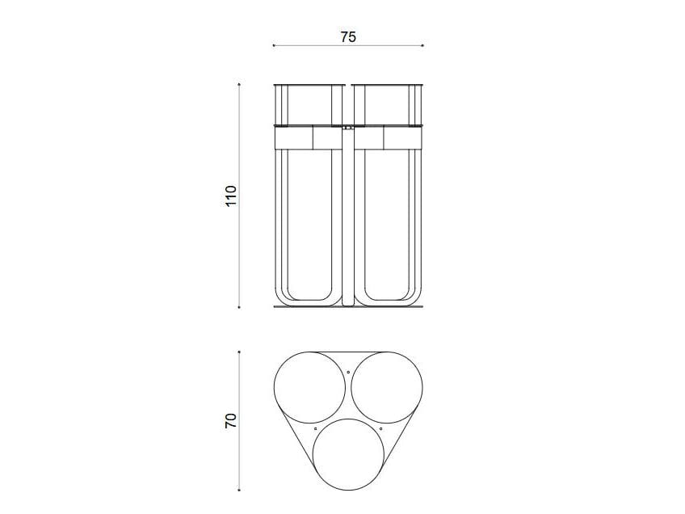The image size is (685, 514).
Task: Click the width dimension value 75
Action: (x=348, y=36)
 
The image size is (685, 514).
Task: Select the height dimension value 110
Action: (x=231, y=196)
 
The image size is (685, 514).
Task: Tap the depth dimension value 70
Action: (x=231, y=419)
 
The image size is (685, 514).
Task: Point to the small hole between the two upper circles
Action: (x=348, y=372)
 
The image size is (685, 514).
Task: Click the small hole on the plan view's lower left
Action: (x=315, y=428)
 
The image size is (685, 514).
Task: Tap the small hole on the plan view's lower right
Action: (x=380, y=428)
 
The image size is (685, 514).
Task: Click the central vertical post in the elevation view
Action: (x=348, y=218)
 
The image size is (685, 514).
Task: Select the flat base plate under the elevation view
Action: (x=348, y=306)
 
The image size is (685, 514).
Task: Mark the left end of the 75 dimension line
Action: (x=273, y=45)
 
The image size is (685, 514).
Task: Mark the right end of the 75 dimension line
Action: (x=423, y=45)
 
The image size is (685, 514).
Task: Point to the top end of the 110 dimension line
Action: (x=240, y=83)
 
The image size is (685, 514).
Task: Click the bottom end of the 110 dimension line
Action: (x=240, y=307)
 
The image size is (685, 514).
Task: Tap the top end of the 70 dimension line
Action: (x=240, y=352)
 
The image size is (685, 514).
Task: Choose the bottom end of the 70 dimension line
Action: (x=240, y=489)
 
